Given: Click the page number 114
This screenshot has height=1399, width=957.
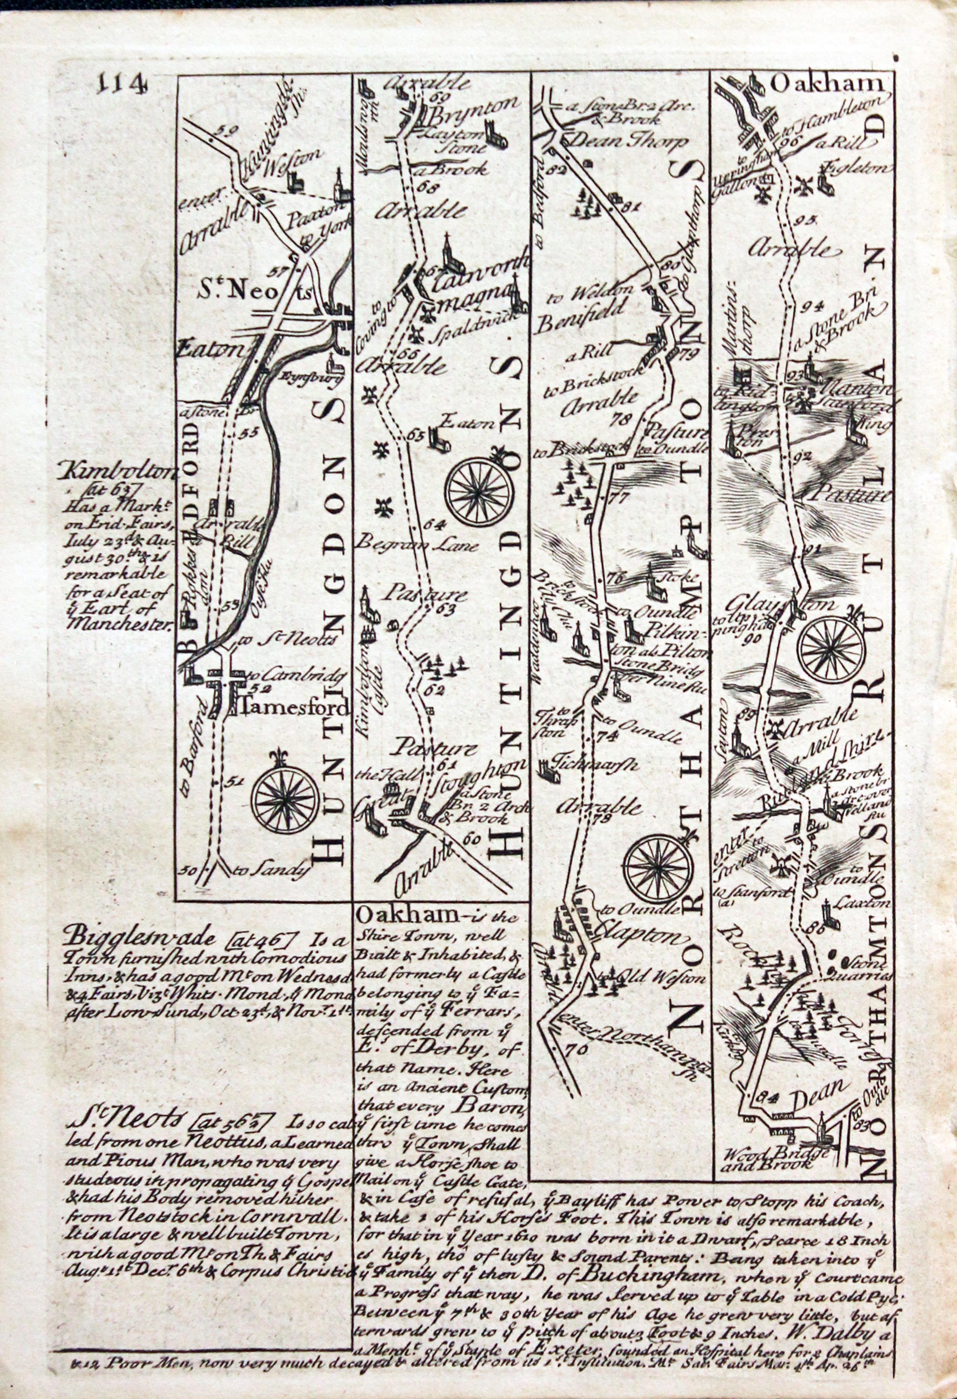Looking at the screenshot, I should point(122,85).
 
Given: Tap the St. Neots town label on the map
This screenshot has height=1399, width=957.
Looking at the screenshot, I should point(252,291).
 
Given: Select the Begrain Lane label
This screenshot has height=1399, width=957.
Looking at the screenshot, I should point(416,546).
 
